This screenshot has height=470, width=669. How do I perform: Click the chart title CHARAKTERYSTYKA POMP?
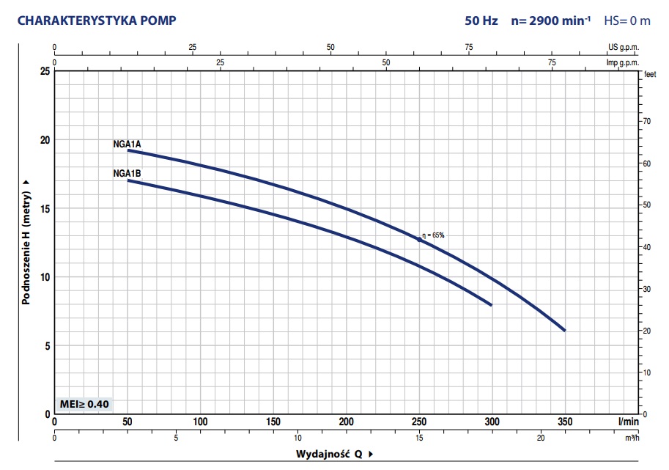point(97,21)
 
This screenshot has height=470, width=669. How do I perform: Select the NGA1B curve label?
point(127,174)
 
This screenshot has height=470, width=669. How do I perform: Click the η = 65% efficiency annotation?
point(433,235)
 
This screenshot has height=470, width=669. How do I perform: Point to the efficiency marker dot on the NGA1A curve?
point(419,240)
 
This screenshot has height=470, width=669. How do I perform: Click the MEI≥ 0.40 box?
point(84,404)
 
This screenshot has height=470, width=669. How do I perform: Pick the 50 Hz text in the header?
point(481,21)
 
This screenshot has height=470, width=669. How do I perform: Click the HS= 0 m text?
point(627,21)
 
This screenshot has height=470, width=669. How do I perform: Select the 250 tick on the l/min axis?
point(419,422)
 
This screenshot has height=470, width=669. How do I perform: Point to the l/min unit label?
point(629,422)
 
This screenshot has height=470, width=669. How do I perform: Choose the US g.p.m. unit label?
point(624,47)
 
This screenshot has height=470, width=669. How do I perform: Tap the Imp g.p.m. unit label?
point(622,62)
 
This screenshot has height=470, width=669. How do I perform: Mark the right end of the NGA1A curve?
point(564,330)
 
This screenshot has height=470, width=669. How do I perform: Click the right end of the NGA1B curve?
point(490,304)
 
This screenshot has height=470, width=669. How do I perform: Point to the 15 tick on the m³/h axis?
point(419,438)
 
